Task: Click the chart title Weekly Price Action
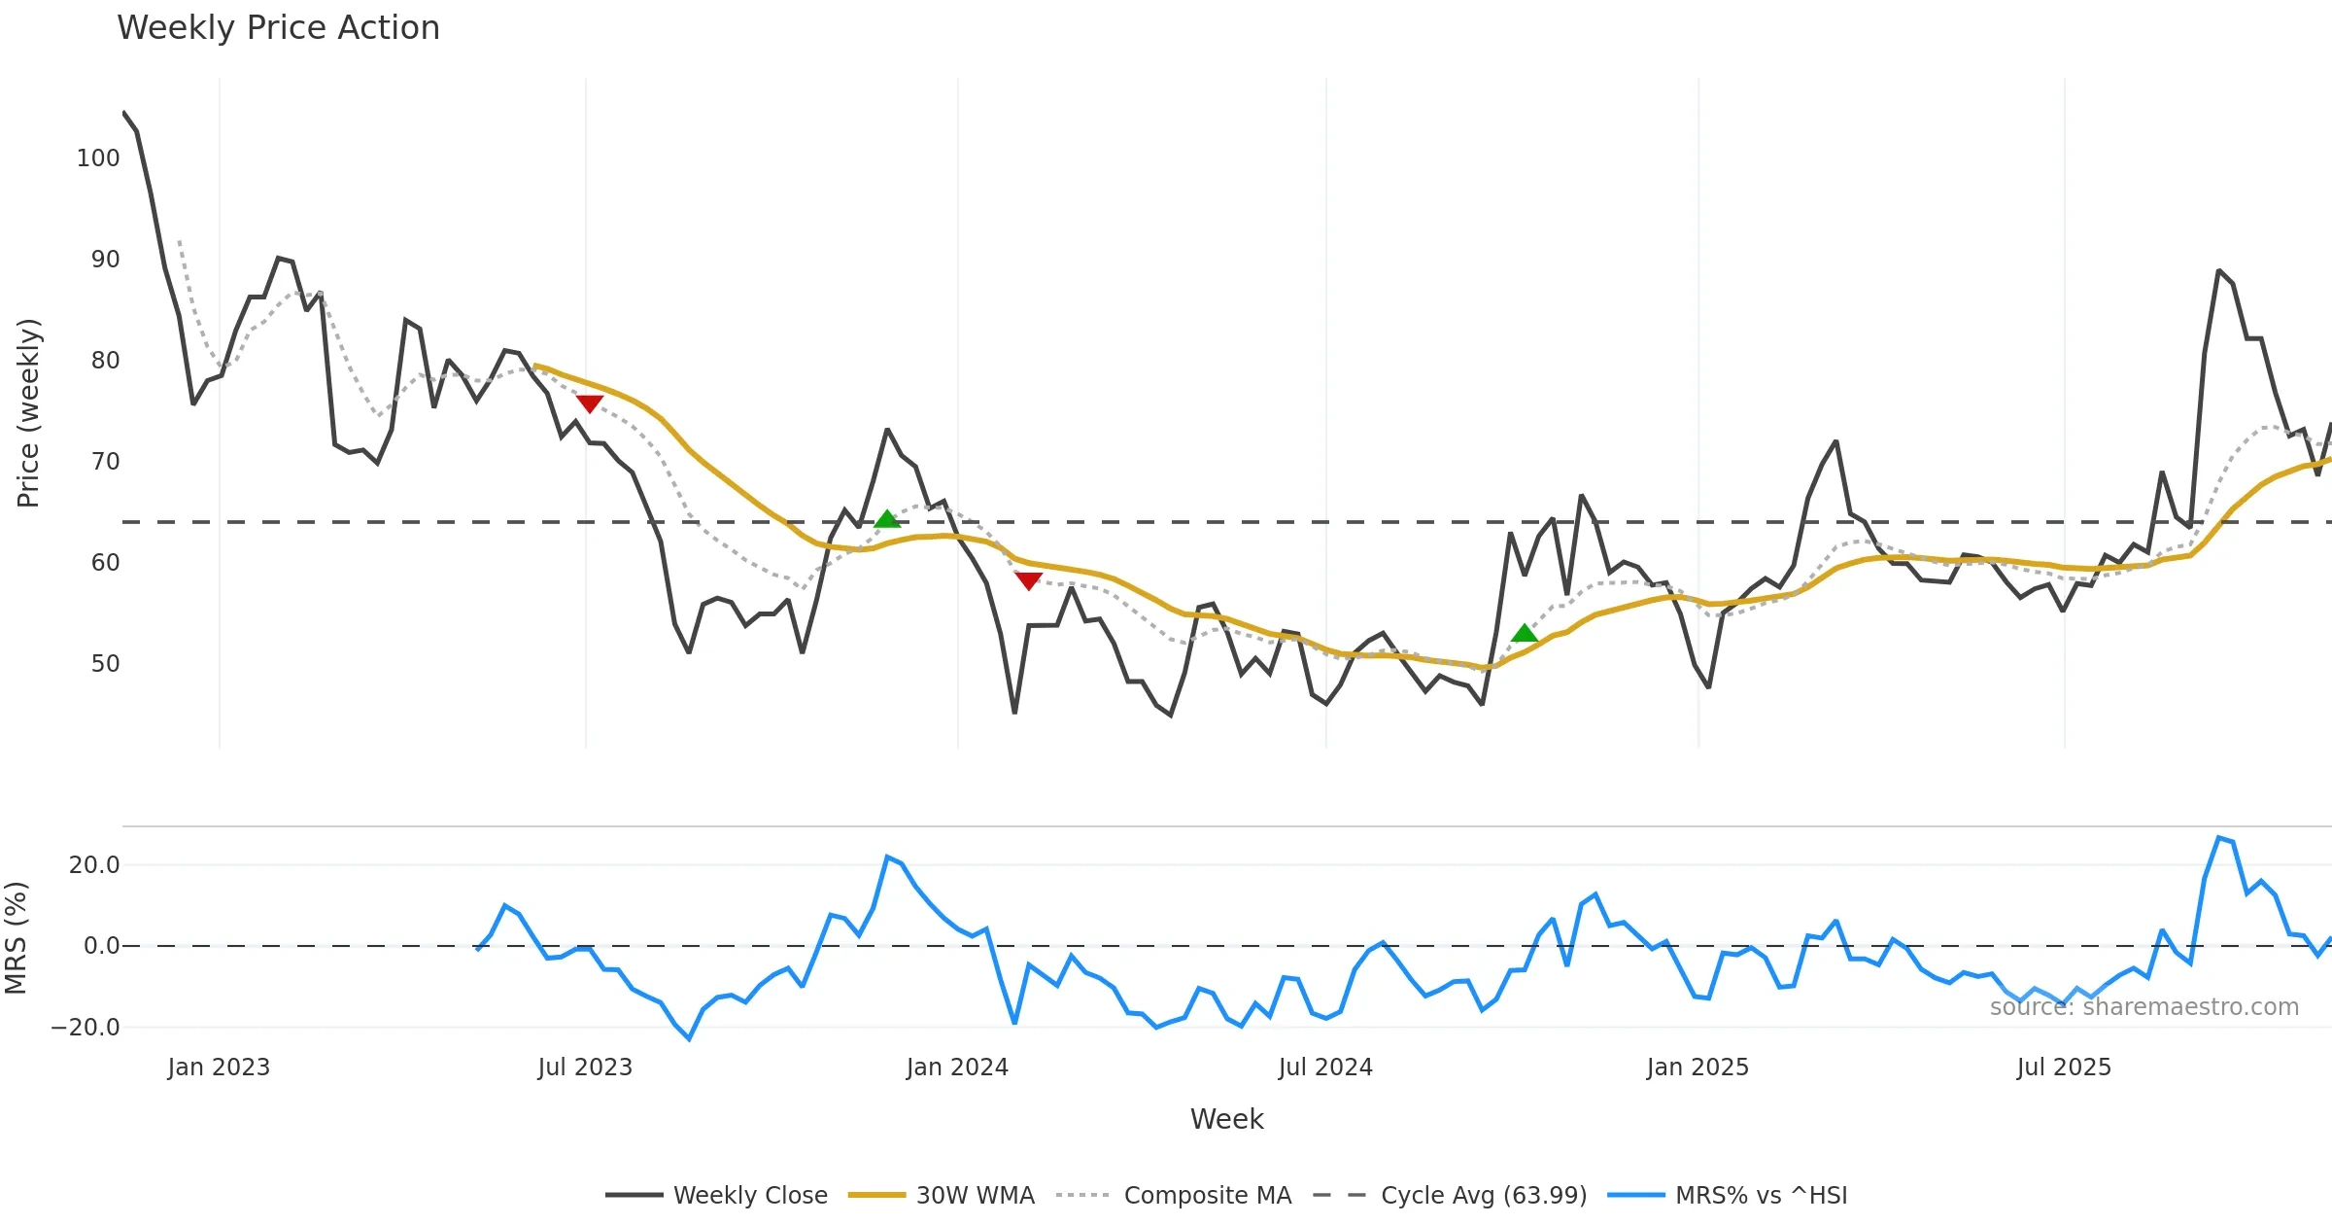pos(278,28)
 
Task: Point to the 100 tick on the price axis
pos(98,158)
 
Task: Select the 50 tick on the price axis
pos(105,664)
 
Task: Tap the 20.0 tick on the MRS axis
pos(94,865)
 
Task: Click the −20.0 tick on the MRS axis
pos(86,1028)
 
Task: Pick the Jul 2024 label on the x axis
pos(1325,1067)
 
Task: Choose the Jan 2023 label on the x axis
pos(219,1067)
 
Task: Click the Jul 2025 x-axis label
pos(2064,1067)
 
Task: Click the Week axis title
pos(1226,1120)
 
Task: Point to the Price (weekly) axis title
pos(28,413)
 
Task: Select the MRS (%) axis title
pos(16,938)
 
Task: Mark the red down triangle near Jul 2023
pos(590,403)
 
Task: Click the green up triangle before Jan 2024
pos(887,519)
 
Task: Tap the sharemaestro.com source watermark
pos(2143,1007)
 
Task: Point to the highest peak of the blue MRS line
pos(2219,837)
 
